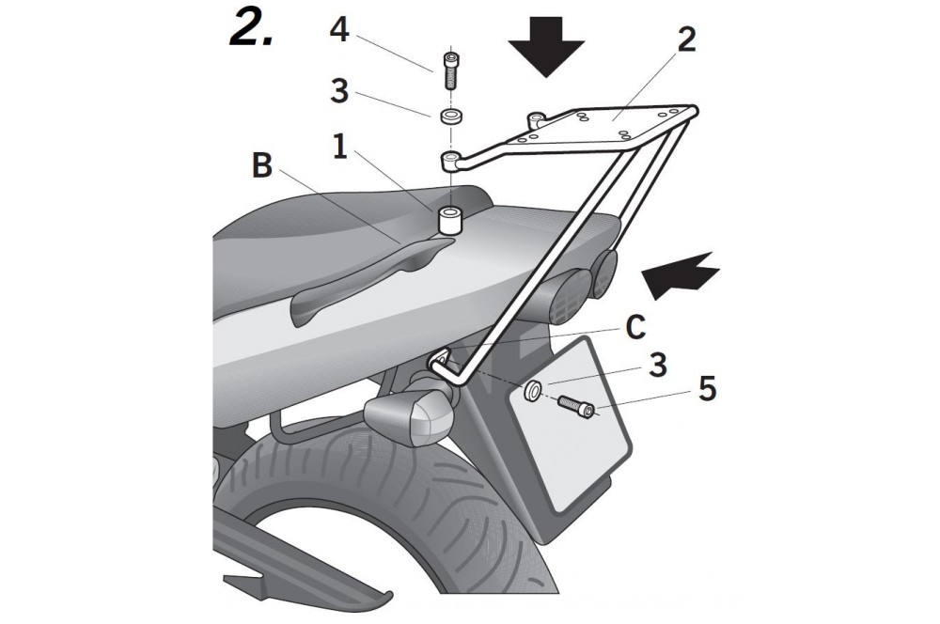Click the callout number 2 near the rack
coord(686,41)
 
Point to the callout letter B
coord(262,167)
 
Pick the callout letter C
coord(634,327)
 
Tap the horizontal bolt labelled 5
coord(576,407)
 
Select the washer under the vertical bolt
coord(449,118)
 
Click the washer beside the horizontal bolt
coord(533,390)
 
